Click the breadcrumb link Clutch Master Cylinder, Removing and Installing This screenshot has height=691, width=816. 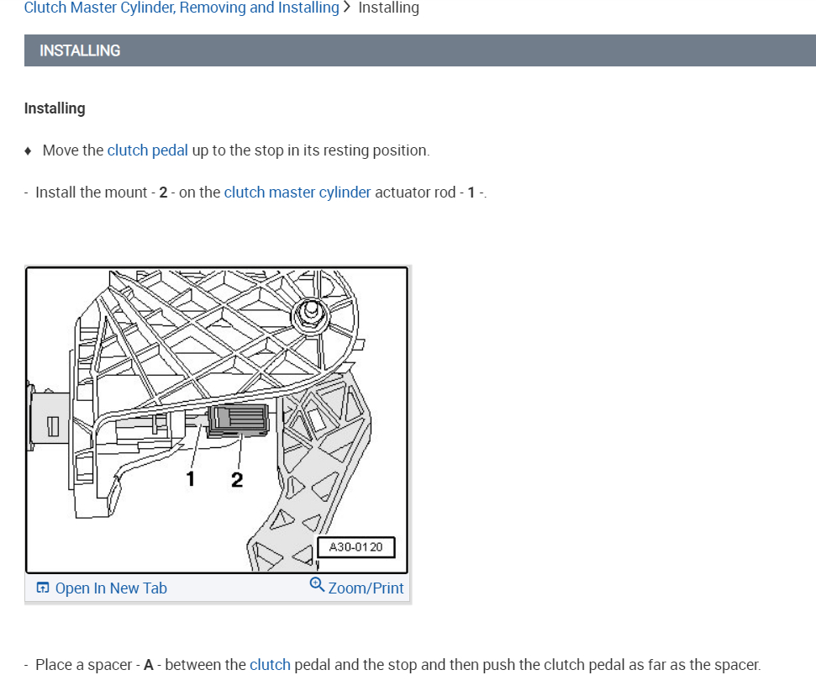pyautogui.click(x=182, y=8)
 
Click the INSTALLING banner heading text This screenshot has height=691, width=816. pyautogui.click(x=80, y=50)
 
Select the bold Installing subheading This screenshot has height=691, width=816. pyautogui.click(x=55, y=108)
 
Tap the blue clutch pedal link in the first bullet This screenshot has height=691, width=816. pyautogui.click(x=148, y=150)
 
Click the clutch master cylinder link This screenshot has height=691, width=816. pyautogui.click(x=297, y=193)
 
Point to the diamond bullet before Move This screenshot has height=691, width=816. pyautogui.click(x=29, y=151)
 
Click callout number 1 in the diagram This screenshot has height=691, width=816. pyautogui.click(x=191, y=479)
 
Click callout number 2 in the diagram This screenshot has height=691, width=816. pyautogui.click(x=236, y=480)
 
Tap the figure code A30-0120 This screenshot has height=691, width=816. pyautogui.click(x=355, y=547)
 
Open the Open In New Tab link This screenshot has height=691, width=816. pyautogui.click(x=111, y=588)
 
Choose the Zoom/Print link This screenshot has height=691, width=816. pyautogui.click(x=366, y=588)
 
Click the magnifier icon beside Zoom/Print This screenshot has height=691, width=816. pyautogui.click(x=317, y=585)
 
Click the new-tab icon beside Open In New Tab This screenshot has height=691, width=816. pyautogui.click(x=43, y=588)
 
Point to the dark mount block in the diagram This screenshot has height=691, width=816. pyautogui.click(x=238, y=420)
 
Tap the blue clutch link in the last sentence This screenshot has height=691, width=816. pyautogui.click(x=270, y=665)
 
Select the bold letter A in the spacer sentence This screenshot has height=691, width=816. pyautogui.click(x=149, y=665)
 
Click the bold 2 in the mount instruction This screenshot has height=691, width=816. pyautogui.click(x=163, y=193)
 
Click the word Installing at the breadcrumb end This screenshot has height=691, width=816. pyautogui.click(x=388, y=8)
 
